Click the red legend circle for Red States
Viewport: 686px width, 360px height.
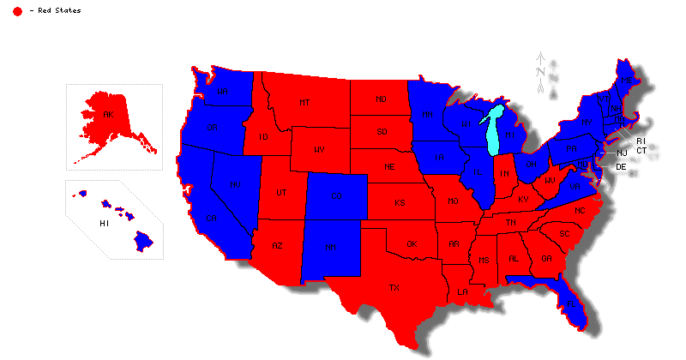coord(17,10)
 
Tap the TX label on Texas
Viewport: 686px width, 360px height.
coord(394,287)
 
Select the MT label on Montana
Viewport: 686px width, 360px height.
coord(304,103)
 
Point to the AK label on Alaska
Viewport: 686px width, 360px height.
coord(108,114)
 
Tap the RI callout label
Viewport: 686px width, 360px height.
coord(640,141)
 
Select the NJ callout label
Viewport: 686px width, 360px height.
coord(622,153)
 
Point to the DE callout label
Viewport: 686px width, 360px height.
coord(622,166)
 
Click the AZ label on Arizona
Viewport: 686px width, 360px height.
coord(277,246)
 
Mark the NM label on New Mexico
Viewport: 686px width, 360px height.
coord(329,248)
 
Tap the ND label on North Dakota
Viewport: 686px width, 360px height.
coord(382,99)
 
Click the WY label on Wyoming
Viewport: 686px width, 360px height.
coord(319,150)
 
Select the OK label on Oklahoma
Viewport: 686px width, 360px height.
coord(412,244)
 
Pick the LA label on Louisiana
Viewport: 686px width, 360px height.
coord(462,291)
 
